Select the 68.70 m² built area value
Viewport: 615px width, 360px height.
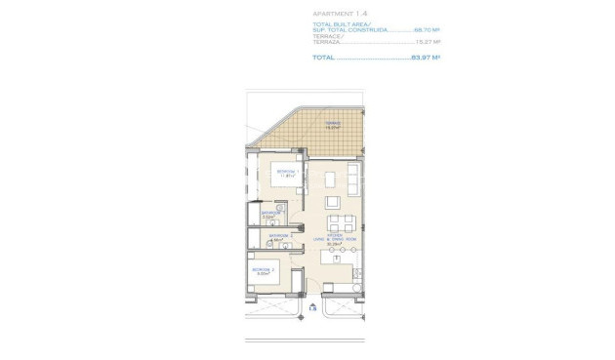(x=427, y=30)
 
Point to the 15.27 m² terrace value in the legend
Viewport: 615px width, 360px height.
(x=428, y=42)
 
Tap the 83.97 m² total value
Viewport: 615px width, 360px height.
(x=425, y=58)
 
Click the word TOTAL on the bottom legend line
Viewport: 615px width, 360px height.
(x=323, y=58)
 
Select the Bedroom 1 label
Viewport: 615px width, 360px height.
(x=286, y=173)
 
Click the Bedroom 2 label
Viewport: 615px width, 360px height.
(x=264, y=270)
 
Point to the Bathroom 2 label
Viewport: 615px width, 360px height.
(x=280, y=235)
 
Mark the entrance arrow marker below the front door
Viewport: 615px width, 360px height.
(x=311, y=308)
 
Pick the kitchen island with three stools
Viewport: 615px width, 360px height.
(x=340, y=256)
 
